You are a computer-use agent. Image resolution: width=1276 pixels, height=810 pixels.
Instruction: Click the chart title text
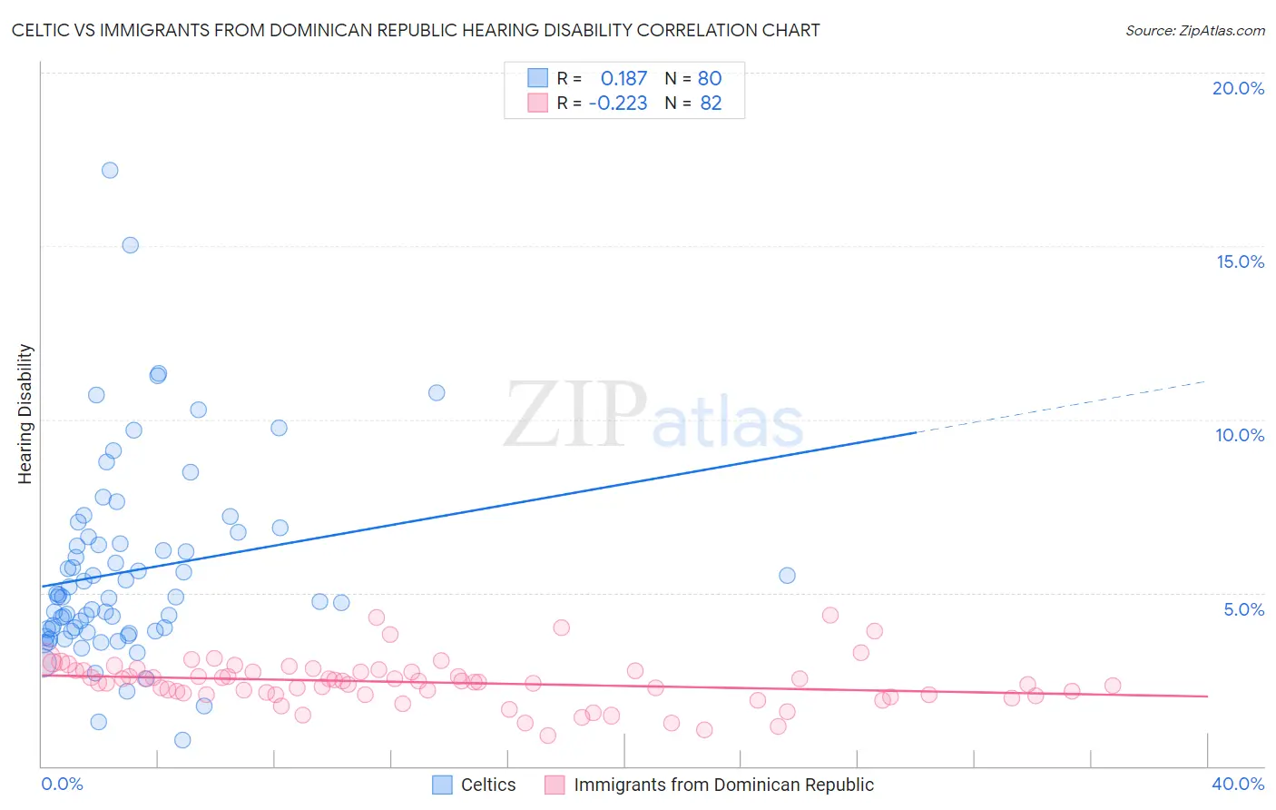click(416, 30)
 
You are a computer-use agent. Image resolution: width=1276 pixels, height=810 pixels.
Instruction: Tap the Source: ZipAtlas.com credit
click(1194, 30)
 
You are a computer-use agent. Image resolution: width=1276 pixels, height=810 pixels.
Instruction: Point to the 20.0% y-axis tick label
click(1238, 88)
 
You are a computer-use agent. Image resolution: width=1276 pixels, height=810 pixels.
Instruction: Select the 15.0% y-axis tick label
click(1240, 262)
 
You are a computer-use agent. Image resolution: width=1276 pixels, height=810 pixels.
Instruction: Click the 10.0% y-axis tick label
click(1240, 435)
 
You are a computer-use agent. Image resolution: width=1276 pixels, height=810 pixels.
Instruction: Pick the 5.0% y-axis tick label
click(1243, 609)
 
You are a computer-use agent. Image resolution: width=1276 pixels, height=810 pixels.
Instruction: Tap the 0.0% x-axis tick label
click(62, 784)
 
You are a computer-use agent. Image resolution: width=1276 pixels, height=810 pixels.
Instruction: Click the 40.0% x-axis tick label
click(1238, 784)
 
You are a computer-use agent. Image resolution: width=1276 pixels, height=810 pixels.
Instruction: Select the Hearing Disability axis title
click(25, 414)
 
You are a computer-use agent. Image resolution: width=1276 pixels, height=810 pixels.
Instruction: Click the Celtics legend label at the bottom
click(488, 785)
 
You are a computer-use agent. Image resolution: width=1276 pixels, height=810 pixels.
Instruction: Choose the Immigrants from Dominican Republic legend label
click(723, 785)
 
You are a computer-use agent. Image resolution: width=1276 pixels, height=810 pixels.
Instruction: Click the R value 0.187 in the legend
click(623, 78)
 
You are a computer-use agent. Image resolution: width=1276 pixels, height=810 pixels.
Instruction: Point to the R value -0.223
click(618, 103)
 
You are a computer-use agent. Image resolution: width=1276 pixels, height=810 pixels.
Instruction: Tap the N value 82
click(711, 103)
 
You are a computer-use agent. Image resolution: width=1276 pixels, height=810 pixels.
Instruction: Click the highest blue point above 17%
click(110, 170)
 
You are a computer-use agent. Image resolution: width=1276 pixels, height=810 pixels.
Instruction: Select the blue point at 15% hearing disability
click(130, 245)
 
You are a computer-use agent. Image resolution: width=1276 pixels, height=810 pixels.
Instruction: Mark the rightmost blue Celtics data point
click(787, 576)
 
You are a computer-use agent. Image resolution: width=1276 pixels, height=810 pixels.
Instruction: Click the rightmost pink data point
click(1113, 686)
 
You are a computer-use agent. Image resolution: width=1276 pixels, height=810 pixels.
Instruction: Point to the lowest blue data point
click(182, 740)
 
